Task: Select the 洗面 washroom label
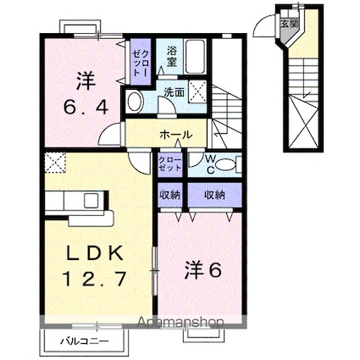pos(174,91)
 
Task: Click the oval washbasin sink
pos(135,101)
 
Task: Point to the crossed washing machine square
pos(200,91)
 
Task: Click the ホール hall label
pos(174,135)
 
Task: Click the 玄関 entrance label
pos(290,22)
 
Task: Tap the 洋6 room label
pos(204,270)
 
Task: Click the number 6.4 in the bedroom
pos(82,108)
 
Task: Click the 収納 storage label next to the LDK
pos(169,195)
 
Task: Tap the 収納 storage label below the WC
pos(215,195)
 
